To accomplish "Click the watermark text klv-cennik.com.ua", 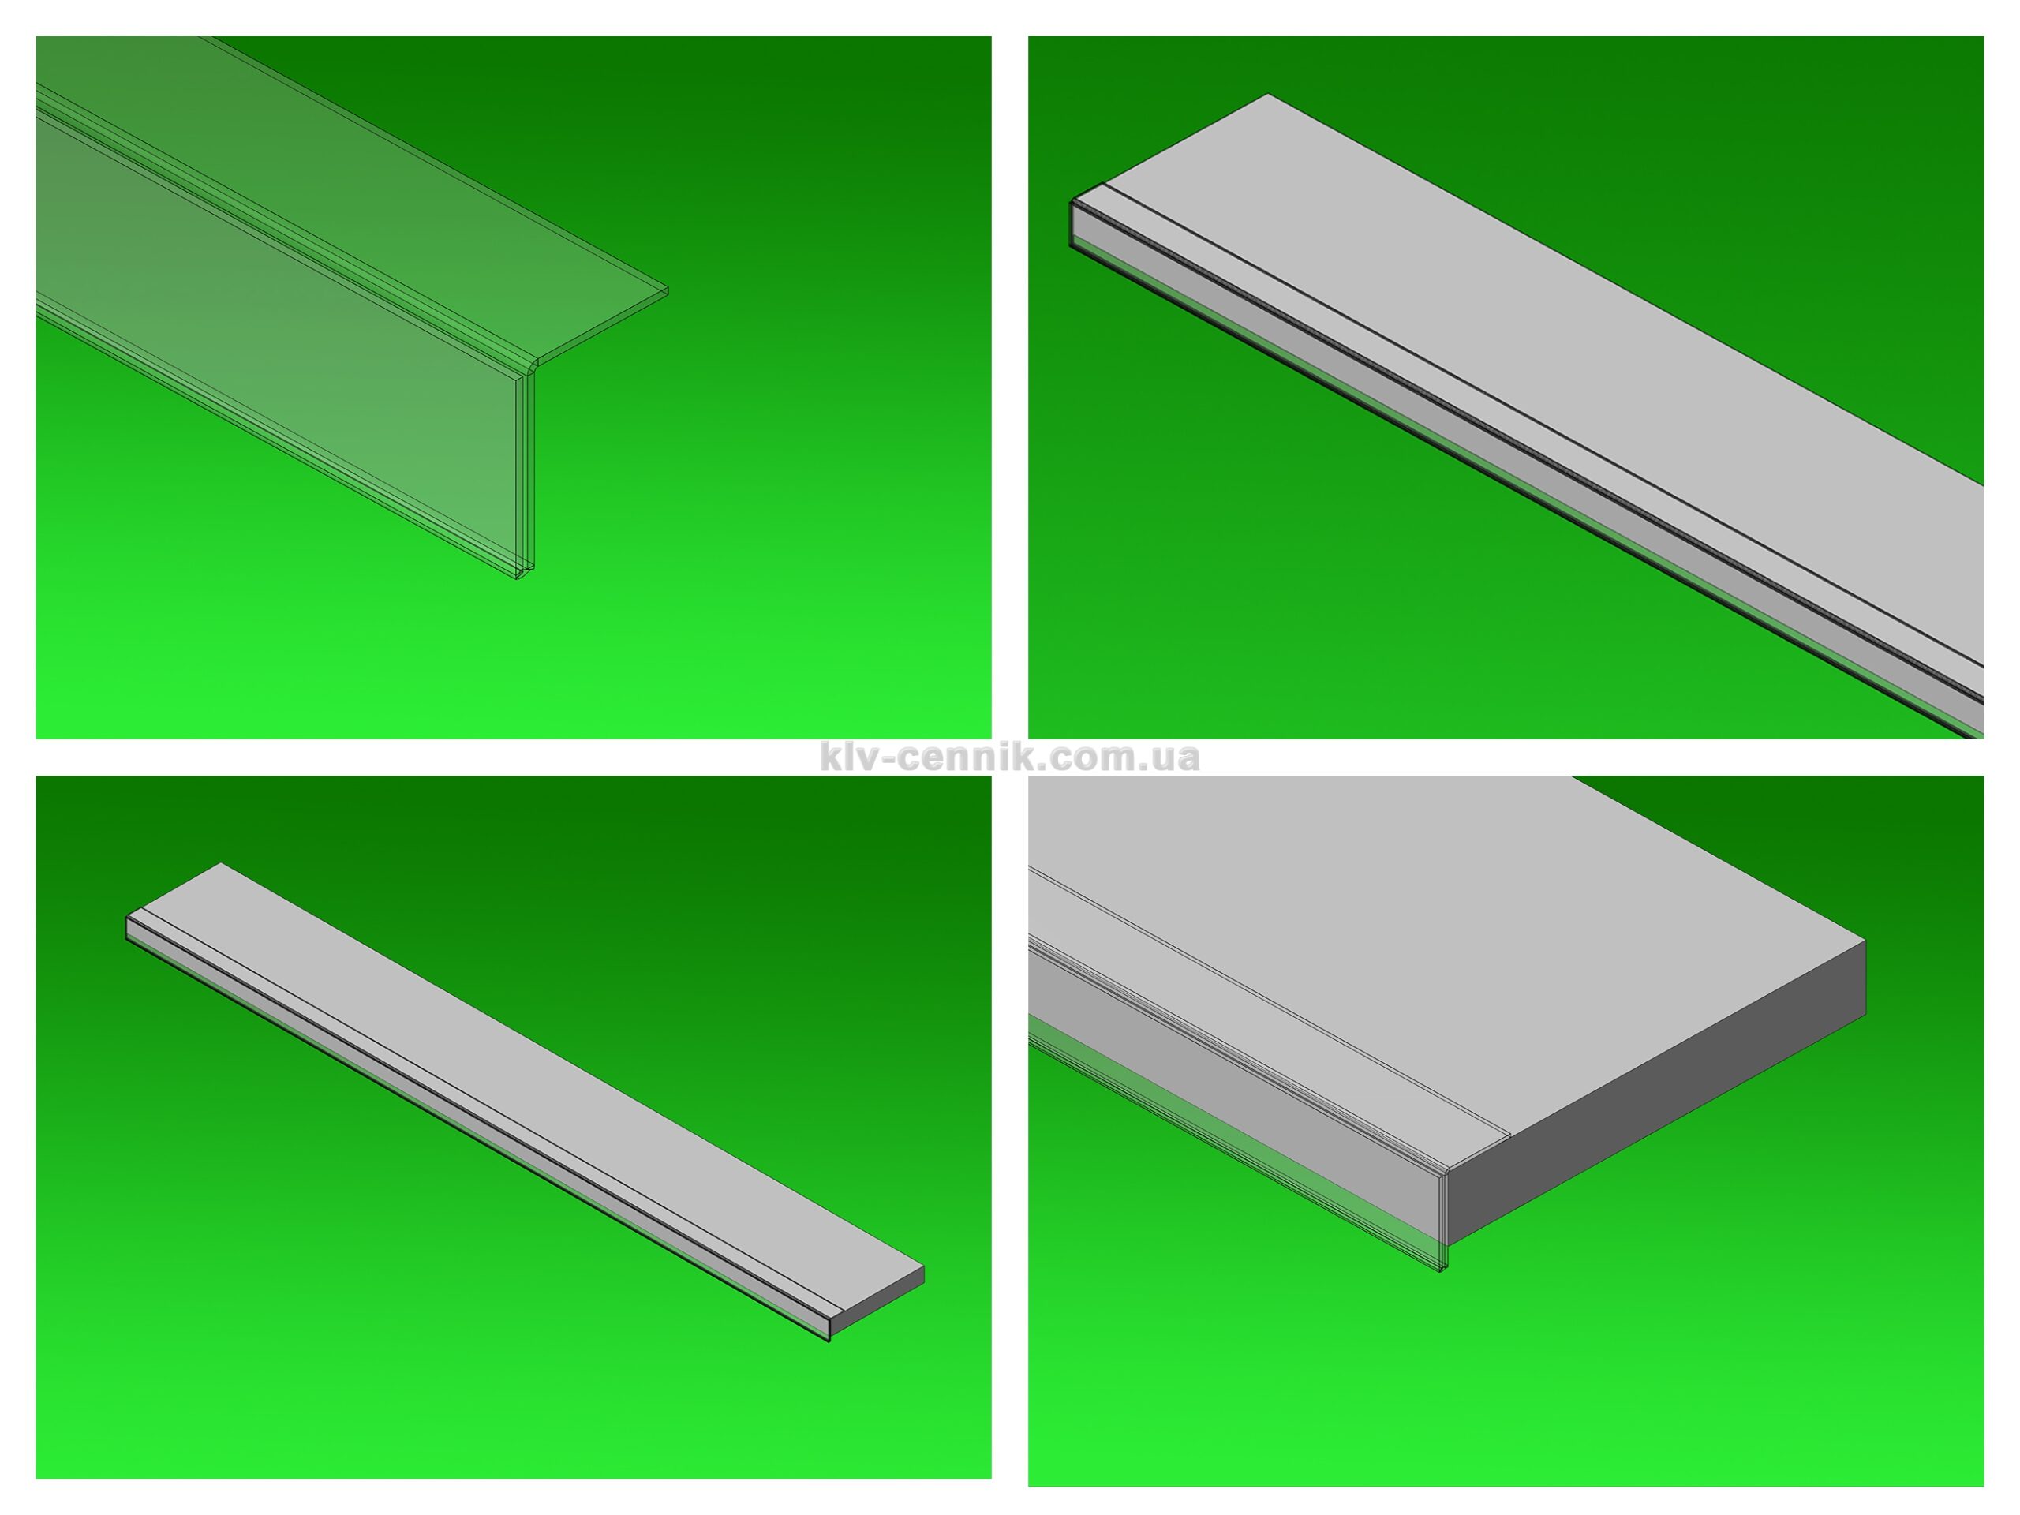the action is click(x=1009, y=756).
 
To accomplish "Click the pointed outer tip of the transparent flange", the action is click(x=668, y=291).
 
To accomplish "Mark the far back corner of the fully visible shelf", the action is click(x=221, y=864).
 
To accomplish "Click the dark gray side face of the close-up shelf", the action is click(x=1658, y=1091).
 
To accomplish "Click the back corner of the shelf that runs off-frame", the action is click(x=1267, y=94).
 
